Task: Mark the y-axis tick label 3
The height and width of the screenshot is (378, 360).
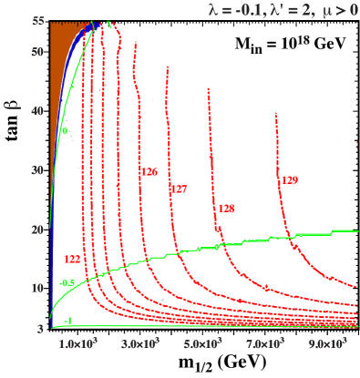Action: (x=41, y=328)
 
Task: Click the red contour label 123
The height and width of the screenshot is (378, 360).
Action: (x=73, y=260)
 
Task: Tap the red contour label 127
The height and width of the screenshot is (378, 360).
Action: (x=179, y=189)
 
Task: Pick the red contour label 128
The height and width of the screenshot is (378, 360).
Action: (x=226, y=209)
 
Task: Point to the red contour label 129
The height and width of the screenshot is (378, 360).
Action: (x=289, y=180)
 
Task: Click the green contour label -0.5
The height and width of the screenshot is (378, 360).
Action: (x=67, y=283)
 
